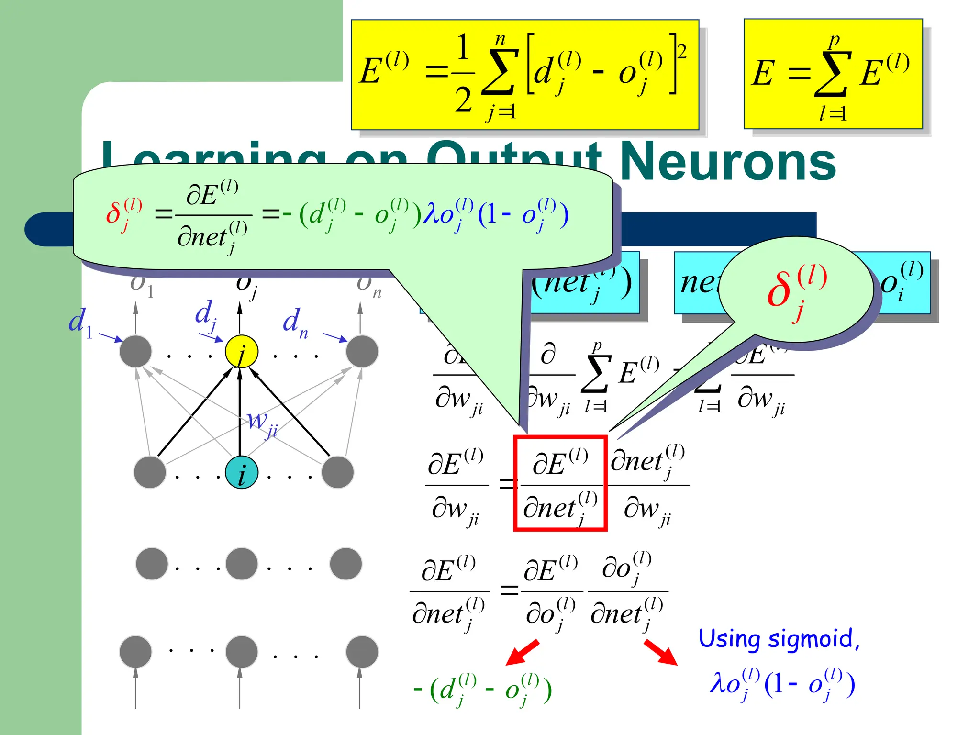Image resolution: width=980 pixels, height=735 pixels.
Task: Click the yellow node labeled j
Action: pos(242,351)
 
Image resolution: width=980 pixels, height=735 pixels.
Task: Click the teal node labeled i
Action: pos(242,472)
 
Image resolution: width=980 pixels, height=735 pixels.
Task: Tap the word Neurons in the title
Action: pos(727,162)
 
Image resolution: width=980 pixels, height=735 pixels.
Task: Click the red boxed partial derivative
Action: pos(560,483)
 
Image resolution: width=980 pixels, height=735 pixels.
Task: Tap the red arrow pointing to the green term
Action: pos(523,653)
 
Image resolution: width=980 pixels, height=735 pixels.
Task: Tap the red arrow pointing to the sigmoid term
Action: pos(660,653)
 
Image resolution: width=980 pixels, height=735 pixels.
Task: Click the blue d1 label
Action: pos(80,322)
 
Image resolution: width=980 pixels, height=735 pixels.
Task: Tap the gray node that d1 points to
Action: pos(135,351)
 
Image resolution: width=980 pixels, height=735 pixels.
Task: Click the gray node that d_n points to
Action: pos(362,351)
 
